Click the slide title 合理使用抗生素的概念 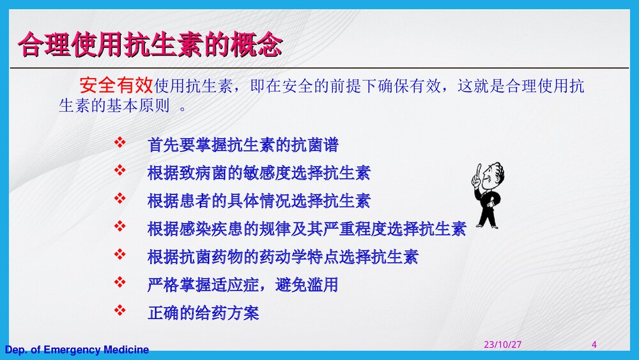coord(150,45)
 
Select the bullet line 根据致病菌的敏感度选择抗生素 coord(258,173)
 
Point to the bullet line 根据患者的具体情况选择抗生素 coord(258,201)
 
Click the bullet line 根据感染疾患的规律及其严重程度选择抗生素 coord(306,228)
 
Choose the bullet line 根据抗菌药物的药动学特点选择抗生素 coord(282,257)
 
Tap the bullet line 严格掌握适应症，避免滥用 coord(242,285)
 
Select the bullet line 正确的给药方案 coord(203,313)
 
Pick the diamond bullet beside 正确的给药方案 coord(119,310)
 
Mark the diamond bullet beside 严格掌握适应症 coord(119,282)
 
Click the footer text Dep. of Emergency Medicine coord(77,350)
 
